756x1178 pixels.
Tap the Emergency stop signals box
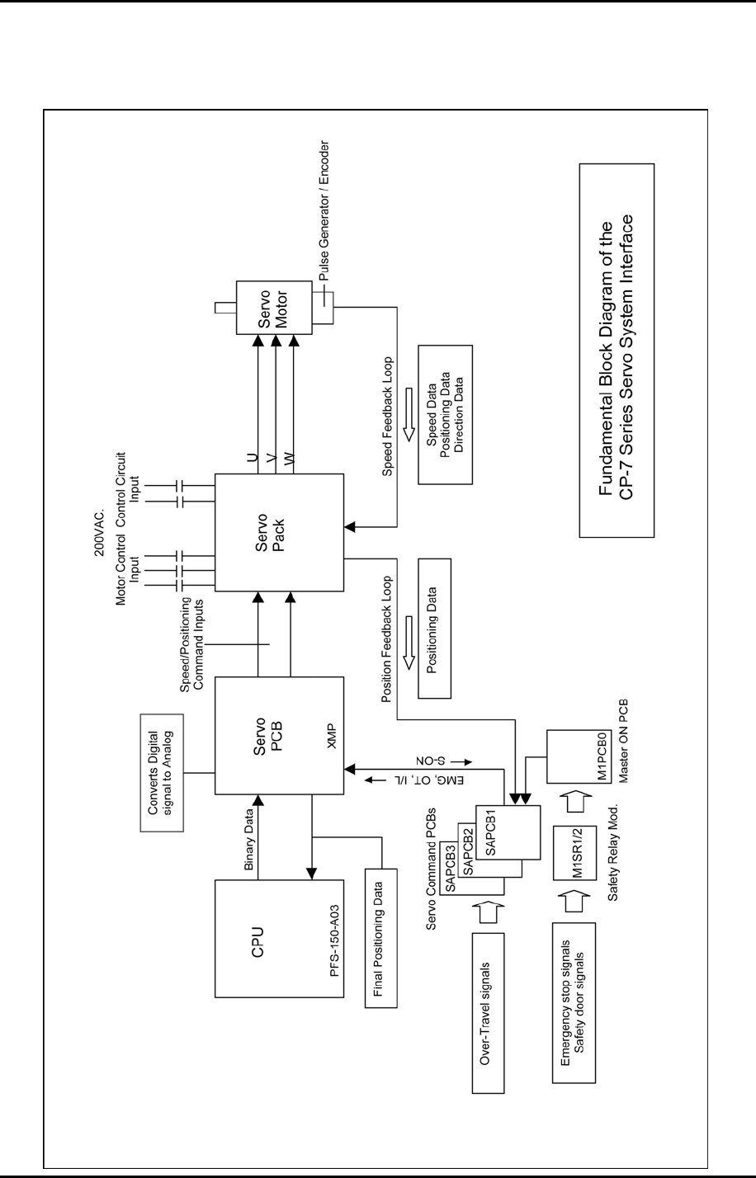point(572,1001)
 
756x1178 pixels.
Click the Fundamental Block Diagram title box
point(617,350)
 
